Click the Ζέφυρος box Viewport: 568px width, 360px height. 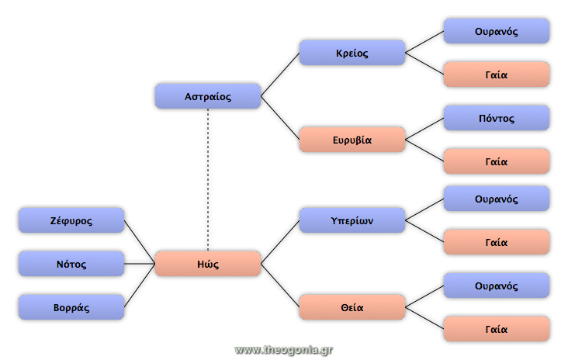point(71,220)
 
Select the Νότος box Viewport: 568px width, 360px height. point(71,264)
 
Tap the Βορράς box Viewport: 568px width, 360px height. point(71,307)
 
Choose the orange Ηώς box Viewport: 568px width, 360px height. point(208,264)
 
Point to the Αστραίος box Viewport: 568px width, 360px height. point(208,96)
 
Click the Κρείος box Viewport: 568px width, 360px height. point(352,53)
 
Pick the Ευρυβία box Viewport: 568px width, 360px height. point(352,140)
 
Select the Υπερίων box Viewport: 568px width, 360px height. point(352,220)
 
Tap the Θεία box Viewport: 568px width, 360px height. point(352,307)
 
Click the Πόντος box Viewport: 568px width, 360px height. point(497,118)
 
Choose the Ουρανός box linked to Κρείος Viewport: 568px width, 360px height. point(497,31)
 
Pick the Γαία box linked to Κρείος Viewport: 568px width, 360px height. point(497,74)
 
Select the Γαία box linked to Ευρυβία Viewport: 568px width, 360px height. point(497,161)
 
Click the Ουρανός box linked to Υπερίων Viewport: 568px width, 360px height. point(497,199)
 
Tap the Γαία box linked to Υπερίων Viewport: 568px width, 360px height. point(497,242)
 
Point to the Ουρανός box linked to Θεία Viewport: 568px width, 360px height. point(497,286)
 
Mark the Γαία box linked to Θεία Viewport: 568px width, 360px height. point(497,329)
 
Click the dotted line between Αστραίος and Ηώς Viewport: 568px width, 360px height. point(208,180)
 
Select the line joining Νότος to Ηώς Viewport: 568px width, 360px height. point(140,264)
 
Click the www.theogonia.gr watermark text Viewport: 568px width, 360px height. point(284,350)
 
